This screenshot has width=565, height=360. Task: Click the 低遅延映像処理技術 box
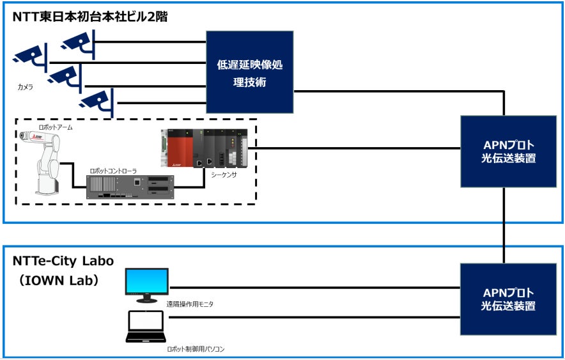coord(250,72)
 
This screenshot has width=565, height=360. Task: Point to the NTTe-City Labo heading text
coord(63,261)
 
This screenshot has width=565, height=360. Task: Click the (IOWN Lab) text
coord(58,279)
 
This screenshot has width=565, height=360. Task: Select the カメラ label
coord(26,85)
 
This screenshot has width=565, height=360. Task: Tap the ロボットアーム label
coord(56,127)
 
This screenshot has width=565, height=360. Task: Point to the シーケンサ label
coord(223,174)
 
